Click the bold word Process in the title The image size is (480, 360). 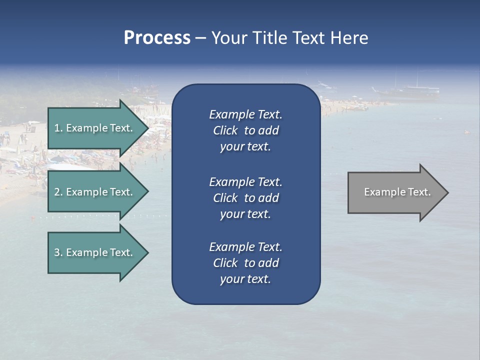(157, 37)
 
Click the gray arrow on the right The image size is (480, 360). (395, 192)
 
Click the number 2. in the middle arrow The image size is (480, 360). (58, 192)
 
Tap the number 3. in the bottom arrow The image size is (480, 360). (58, 252)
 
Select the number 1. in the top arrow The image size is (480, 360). (58, 128)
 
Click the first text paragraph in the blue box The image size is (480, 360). (245, 130)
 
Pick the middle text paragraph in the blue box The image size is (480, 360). (245, 197)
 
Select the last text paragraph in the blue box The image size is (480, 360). (245, 263)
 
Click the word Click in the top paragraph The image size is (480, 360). (225, 130)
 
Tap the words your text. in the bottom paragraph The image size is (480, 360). (245, 279)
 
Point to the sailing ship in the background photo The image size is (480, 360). (407, 89)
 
